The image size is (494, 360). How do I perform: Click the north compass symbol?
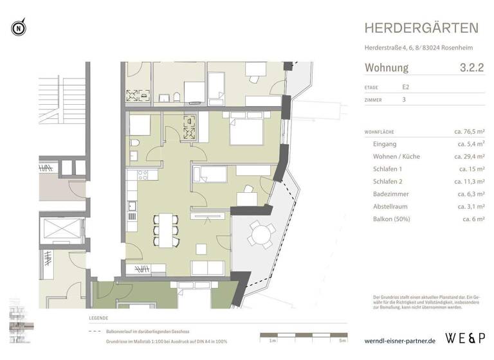pos(18,28)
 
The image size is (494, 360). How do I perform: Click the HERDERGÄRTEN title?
pos(421,28)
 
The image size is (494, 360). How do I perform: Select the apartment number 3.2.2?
pos(471,67)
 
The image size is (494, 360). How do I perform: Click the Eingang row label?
pos(385,145)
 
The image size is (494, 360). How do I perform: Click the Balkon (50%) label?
pos(392,219)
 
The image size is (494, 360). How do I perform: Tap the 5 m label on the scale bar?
pos(332,340)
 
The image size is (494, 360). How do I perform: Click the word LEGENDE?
pos(98,318)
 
